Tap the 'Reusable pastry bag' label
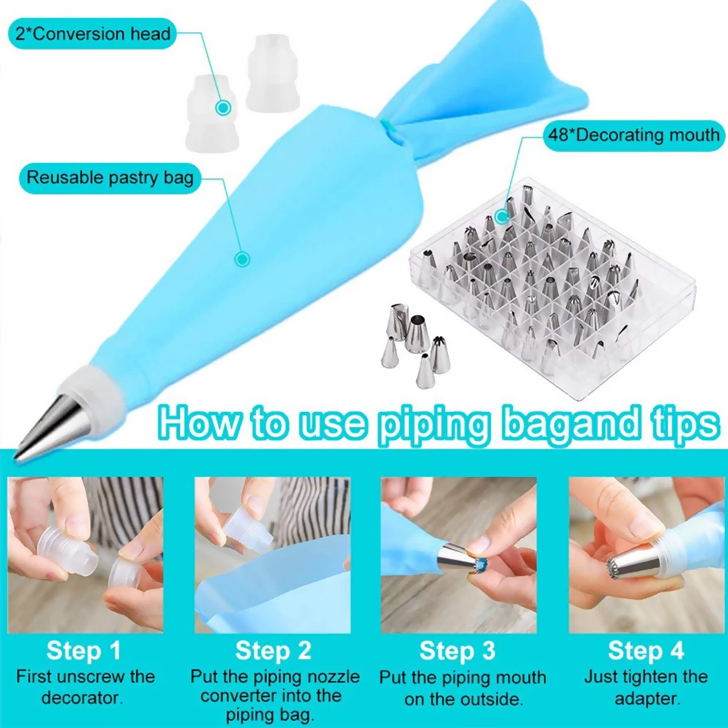(x=110, y=177)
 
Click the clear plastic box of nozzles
(x=542, y=285)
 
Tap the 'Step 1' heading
(x=84, y=651)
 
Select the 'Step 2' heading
(x=273, y=651)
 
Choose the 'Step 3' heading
(x=457, y=651)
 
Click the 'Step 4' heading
(x=646, y=651)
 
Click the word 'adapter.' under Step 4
(x=646, y=697)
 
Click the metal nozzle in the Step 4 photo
(x=632, y=564)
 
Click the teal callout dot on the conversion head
(x=223, y=108)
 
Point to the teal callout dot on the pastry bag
(x=243, y=259)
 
